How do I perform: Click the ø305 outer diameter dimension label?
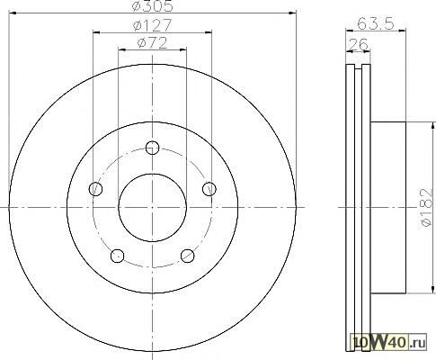[x=153, y=6]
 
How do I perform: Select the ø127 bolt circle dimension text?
[x=153, y=25]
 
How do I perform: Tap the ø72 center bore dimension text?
[x=153, y=43]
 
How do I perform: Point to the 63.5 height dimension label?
[x=376, y=23]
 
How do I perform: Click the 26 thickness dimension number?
[x=359, y=45]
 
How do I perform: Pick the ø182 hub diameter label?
[x=427, y=207]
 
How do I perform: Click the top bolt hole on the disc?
[x=153, y=148]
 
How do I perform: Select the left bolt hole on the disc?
[x=96, y=189]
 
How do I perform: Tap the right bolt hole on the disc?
[x=209, y=189]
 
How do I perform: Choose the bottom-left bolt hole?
[x=118, y=256]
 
